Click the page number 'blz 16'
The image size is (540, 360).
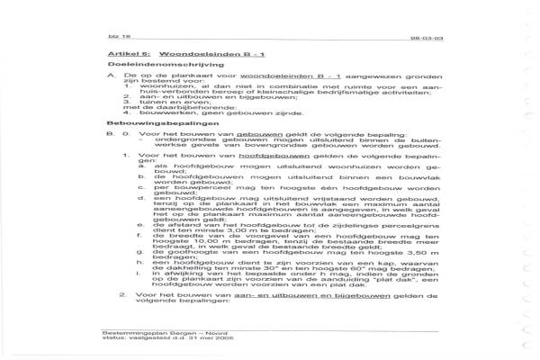point(103,40)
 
